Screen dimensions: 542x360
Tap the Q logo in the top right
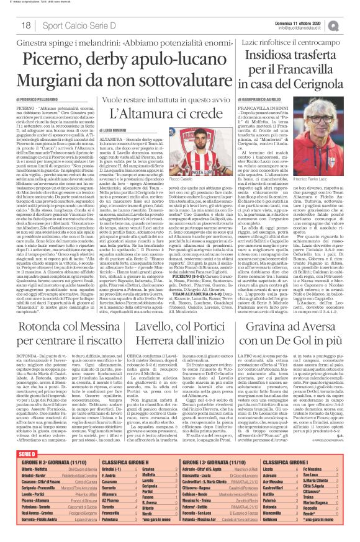click(351, 25)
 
